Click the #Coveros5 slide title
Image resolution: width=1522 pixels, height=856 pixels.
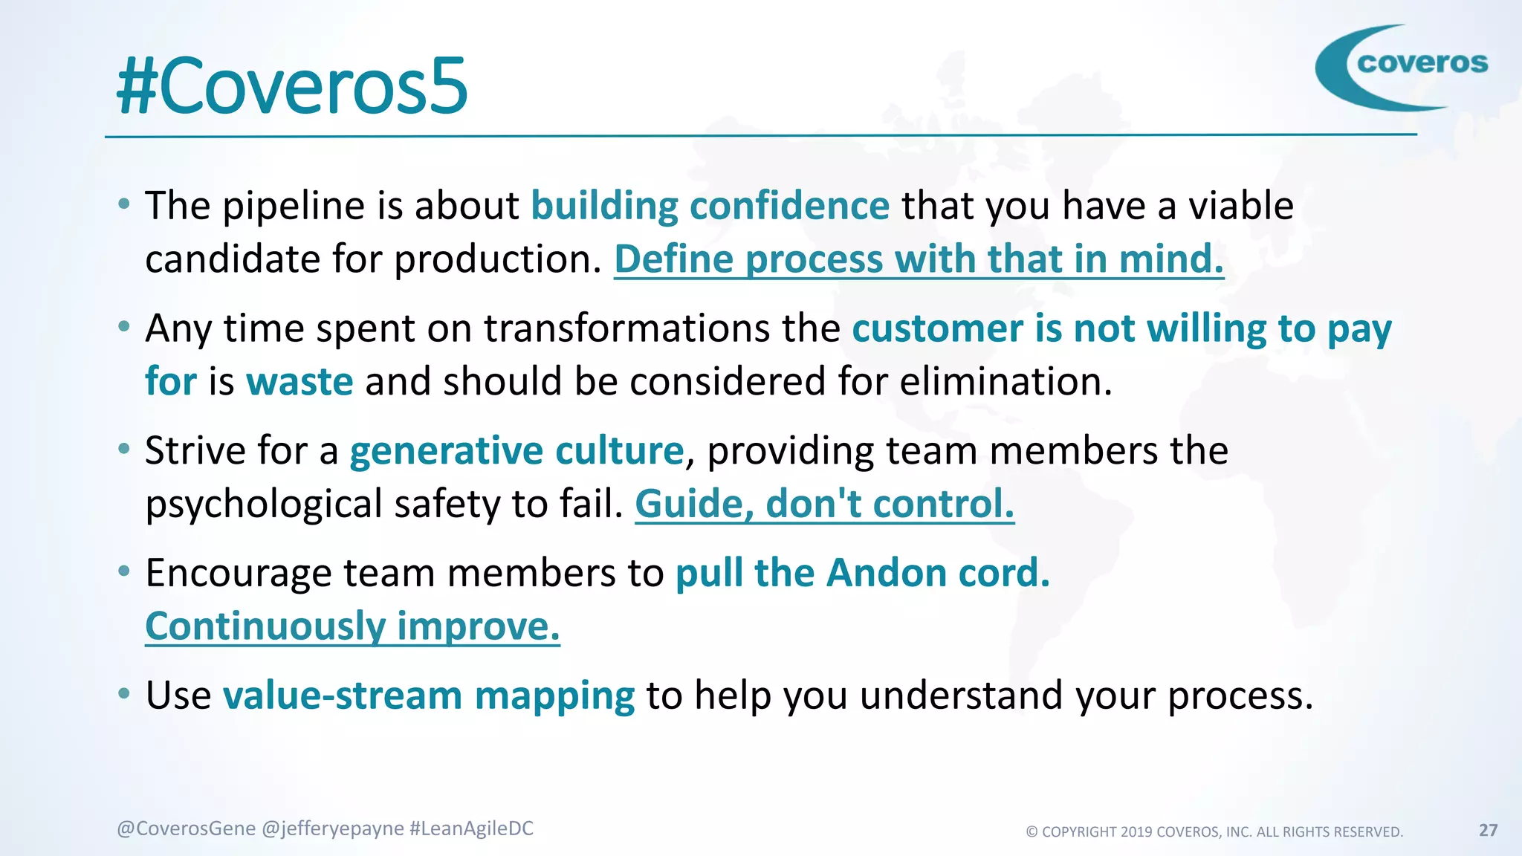292,87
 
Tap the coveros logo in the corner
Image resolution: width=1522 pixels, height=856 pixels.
1401,67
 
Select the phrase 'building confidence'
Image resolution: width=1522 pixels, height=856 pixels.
710,206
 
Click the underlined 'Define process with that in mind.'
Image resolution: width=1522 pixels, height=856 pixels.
919,259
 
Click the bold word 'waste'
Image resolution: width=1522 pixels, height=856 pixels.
299,382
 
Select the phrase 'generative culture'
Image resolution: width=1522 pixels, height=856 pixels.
516,451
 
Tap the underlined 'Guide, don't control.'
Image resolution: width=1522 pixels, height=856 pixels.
824,505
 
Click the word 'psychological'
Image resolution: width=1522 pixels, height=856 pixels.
263,505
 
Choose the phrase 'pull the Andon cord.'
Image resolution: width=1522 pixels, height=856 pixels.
862,574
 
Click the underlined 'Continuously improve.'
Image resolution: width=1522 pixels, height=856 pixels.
352,626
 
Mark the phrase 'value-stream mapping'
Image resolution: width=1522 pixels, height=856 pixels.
429,696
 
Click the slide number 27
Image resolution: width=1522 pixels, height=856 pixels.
1488,830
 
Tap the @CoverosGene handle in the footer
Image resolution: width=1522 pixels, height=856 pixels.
186,829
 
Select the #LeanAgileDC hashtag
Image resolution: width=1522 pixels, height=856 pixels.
471,829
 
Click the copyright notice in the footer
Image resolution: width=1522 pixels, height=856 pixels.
1214,831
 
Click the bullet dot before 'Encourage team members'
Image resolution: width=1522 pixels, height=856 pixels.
124,571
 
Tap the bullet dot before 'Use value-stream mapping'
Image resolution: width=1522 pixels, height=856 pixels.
124,694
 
